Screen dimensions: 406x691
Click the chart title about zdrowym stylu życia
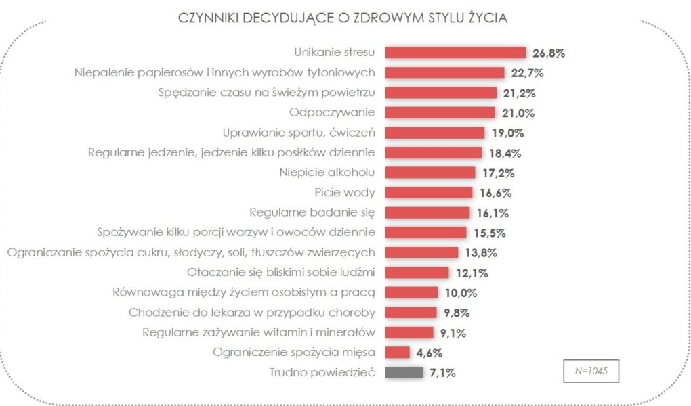[x=343, y=18]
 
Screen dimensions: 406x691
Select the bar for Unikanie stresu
[x=455, y=53]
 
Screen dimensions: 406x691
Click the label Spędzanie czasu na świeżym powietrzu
[x=272, y=93]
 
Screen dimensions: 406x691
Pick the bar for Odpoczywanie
[x=440, y=113]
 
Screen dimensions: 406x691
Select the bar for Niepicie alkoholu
[x=430, y=173]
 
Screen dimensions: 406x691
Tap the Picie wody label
[x=346, y=192]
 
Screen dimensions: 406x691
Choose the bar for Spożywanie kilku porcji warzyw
[x=425, y=232]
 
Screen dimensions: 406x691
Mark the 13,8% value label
[x=480, y=252]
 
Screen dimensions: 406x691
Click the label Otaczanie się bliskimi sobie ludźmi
[x=281, y=272]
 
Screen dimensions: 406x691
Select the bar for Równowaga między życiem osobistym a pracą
[x=411, y=292]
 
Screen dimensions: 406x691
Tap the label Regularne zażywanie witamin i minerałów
[x=259, y=332]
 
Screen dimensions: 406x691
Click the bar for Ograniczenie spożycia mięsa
[x=398, y=352]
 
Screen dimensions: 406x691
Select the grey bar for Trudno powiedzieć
[x=404, y=372]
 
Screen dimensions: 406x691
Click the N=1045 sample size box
[x=591, y=371]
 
